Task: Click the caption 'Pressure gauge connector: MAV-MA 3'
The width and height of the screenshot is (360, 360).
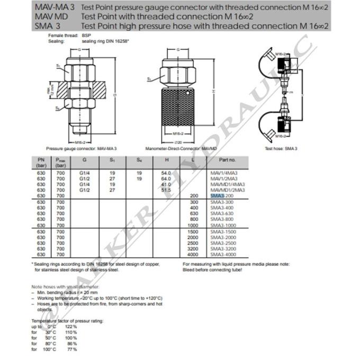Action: coord(82,149)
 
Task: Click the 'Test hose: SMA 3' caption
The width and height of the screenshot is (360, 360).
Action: coord(281,149)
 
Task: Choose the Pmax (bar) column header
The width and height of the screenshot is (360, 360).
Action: coord(61,162)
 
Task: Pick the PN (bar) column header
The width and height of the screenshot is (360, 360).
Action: coord(41,162)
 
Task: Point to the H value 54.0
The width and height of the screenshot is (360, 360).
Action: coord(165,173)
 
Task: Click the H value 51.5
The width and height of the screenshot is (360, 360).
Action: coord(165,190)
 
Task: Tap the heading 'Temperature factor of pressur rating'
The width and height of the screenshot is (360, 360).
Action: coord(67,321)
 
